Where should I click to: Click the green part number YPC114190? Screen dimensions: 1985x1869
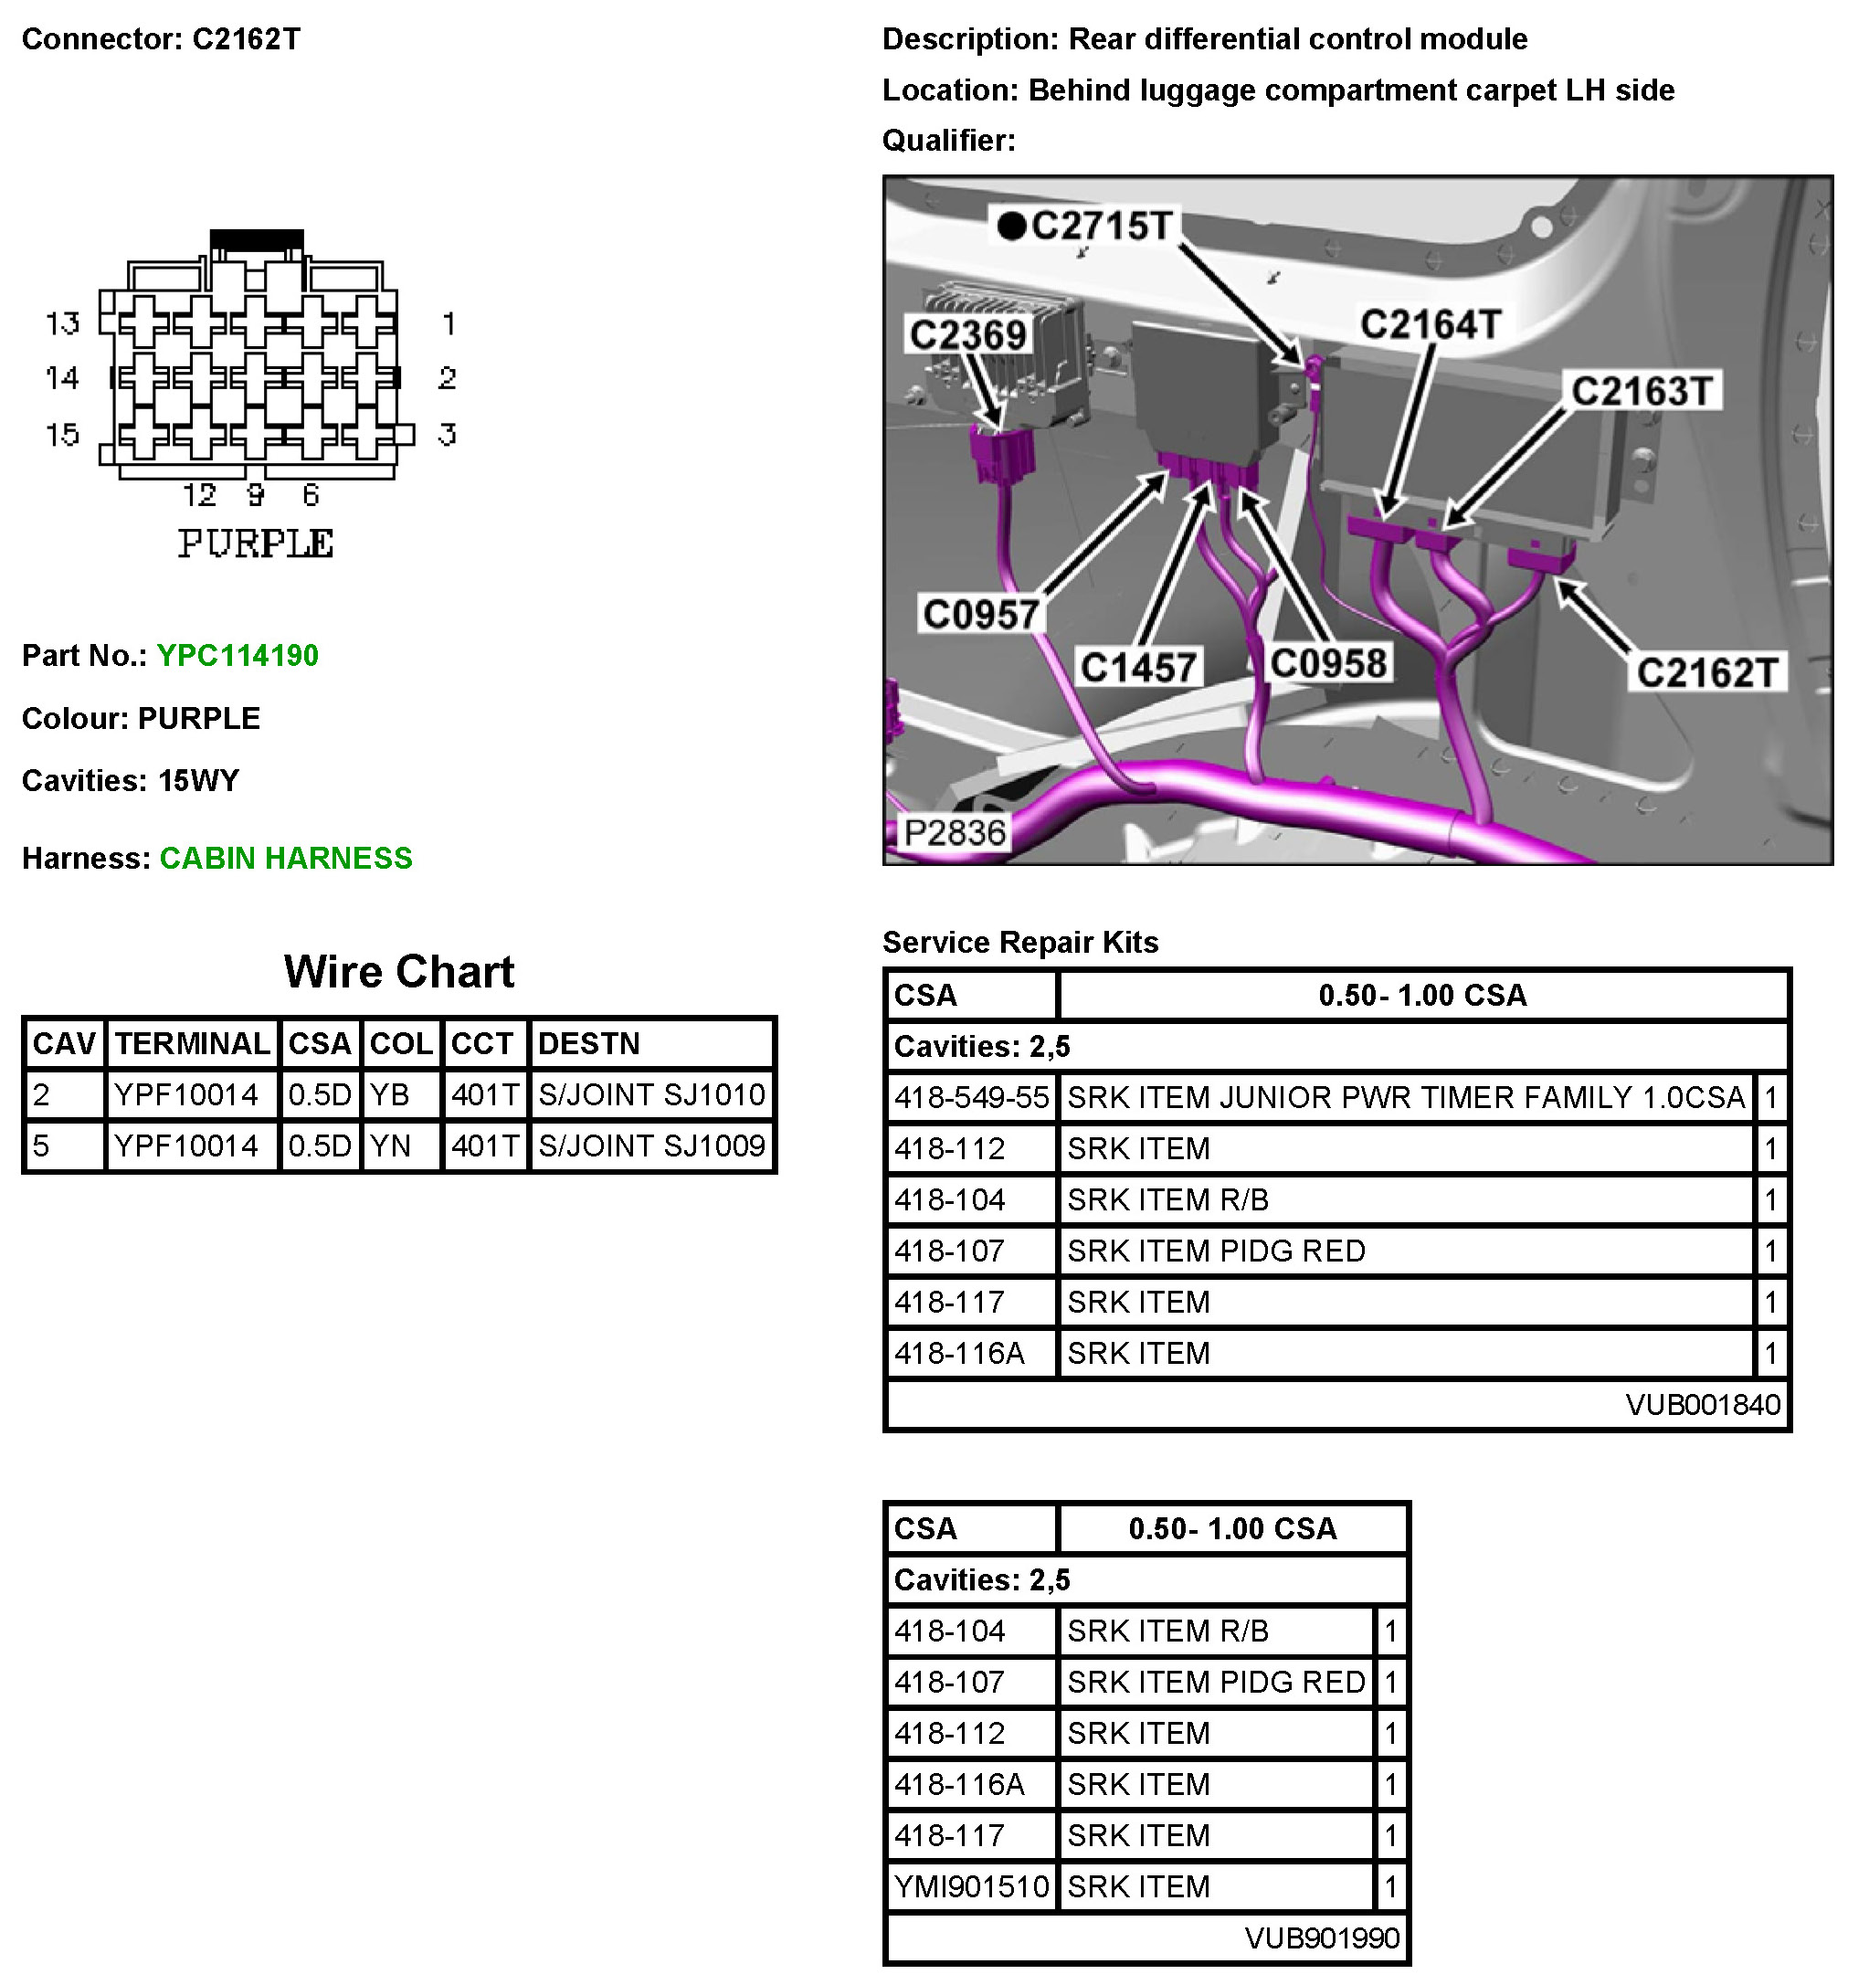(238, 656)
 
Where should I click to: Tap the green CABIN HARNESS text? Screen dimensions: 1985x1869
(286, 859)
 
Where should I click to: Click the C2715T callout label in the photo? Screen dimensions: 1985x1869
(1102, 226)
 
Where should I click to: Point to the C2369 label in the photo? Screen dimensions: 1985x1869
(967, 334)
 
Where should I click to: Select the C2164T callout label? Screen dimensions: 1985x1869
(1430, 324)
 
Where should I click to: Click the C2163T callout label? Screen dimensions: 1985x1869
(1642, 391)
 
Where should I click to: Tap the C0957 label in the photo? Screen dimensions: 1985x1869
(980, 615)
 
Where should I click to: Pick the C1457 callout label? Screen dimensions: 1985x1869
(1138, 667)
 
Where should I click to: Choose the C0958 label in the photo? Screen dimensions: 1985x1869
(1328, 663)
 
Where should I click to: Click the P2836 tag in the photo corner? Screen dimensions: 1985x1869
(954, 833)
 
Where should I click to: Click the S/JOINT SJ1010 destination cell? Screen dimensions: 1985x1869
(651, 1095)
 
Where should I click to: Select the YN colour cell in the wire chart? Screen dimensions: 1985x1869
(390, 1146)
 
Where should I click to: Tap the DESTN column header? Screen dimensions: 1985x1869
(588, 1044)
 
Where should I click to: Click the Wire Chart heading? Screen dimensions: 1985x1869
(398, 972)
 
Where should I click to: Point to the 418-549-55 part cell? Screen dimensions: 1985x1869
(971, 1098)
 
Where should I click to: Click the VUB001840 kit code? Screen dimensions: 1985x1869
(1702, 1406)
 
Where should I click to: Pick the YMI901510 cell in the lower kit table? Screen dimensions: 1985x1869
(971, 1887)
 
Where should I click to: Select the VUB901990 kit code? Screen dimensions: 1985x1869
(1321, 1939)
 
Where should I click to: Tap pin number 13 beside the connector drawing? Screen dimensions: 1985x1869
(62, 323)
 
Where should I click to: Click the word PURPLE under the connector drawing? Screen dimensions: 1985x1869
(256, 544)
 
